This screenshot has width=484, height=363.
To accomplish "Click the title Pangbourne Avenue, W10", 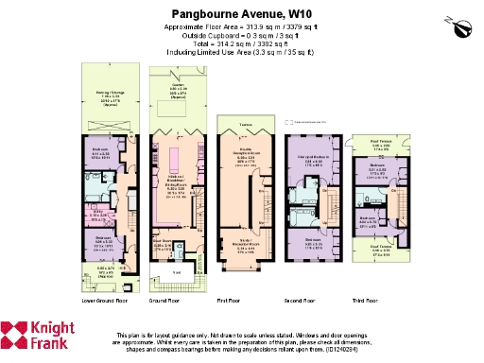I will pos(243,15).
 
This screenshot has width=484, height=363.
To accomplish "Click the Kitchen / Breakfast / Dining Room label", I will pos(175,179).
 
